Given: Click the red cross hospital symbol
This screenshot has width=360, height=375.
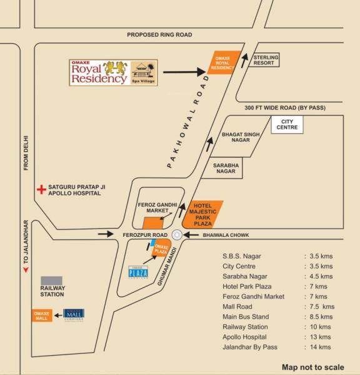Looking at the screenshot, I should point(41,187).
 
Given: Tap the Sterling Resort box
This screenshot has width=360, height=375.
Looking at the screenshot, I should point(266,60).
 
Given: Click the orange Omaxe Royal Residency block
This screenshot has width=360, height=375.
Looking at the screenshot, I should point(222,63).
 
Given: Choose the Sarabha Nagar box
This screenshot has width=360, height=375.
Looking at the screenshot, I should point(227,168).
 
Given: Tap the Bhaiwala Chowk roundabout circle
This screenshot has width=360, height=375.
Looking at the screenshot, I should point(177,235).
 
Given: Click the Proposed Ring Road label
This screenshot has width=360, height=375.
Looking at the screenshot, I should point(159,35).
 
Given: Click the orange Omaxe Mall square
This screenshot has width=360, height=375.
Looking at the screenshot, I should point(42,315).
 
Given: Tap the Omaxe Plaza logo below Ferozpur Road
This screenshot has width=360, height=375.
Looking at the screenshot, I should point(137,272).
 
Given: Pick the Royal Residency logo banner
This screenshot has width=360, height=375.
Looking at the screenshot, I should point(113,72).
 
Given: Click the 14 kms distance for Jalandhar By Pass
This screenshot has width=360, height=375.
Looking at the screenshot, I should point(321,347).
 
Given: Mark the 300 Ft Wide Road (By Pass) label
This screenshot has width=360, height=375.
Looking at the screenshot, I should point(285,107).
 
